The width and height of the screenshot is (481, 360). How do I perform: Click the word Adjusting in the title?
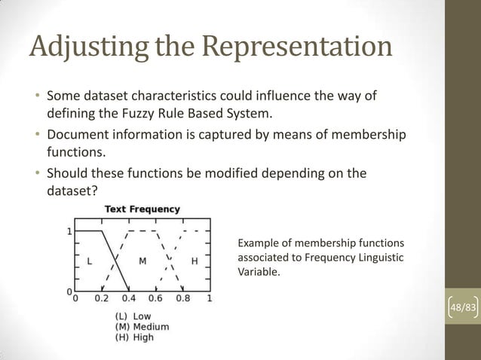(84, 47)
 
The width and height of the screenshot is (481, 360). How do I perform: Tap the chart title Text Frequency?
(142, 209)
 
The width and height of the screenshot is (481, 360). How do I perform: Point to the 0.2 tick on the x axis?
(101, 297)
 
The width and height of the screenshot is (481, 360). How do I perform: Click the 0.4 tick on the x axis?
(129, 297)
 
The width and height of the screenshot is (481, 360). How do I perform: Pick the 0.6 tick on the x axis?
(156, 297)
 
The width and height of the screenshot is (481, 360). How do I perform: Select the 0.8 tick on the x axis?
(183, 297)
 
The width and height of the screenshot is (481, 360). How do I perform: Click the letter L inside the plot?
(90, 261)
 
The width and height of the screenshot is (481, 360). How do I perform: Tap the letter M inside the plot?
(142, 261)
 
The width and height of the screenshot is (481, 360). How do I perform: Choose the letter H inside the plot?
(195, 261)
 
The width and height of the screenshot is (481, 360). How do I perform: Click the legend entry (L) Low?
(133, 316)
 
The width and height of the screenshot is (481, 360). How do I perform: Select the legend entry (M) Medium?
(141, 327)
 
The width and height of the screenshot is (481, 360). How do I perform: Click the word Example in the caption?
(258, 243)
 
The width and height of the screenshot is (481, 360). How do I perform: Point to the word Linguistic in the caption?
(380, 258)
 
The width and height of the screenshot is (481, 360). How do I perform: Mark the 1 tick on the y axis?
(69, 231)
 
